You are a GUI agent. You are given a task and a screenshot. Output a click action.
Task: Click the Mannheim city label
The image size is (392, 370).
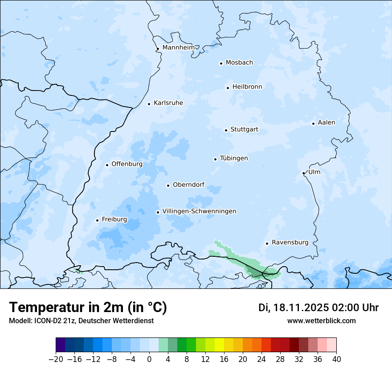tap(178, 47)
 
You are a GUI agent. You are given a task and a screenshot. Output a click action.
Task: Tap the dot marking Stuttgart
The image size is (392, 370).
tap(226, 130)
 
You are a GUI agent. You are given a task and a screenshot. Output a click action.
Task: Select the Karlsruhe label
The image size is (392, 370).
tap(168, 103)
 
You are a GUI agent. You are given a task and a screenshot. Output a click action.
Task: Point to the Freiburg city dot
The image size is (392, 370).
tap(97, 220)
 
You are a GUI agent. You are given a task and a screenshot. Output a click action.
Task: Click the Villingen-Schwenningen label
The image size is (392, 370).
tap(199, 211)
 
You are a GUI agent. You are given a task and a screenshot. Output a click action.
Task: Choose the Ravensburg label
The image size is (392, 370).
tap(290, 243)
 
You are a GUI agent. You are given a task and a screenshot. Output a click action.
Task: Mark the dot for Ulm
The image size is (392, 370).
tap(303, 173)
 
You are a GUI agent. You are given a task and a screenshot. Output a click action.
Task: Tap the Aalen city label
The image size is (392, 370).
tap(326, 123)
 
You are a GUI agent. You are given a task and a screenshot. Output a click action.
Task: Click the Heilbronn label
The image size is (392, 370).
tap(247, 87)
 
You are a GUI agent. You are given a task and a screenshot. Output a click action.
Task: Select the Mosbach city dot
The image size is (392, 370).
tap(221, 63)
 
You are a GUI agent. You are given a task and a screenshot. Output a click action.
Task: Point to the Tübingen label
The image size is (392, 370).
tap(234, 158)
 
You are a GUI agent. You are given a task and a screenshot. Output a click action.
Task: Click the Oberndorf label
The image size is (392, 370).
tap(188, 185)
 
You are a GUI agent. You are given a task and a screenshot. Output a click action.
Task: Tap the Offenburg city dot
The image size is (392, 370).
tap(107, 165)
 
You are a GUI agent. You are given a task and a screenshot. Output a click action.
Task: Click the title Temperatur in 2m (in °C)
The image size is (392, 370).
tap(88, 307)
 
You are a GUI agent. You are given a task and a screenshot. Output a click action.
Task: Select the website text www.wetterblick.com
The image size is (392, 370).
tap(321, 321)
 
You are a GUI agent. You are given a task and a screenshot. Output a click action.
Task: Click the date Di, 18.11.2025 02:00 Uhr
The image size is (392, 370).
tap(318, 308)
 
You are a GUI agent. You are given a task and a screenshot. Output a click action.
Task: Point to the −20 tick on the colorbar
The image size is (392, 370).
tap(56, 359)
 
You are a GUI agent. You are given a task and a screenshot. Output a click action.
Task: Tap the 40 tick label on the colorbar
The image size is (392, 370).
tap(336, 359)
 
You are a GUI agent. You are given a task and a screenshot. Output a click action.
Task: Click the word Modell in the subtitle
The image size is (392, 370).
tap(19, 321)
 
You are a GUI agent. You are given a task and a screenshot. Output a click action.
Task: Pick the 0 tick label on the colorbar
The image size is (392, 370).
tap(149, 359)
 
